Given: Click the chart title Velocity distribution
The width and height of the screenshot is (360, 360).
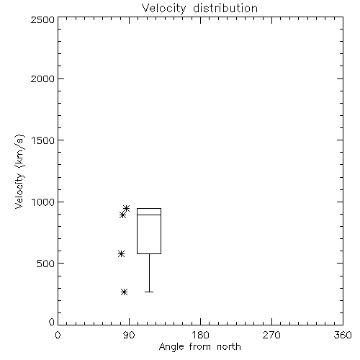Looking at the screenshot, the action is click(x=199, y=8).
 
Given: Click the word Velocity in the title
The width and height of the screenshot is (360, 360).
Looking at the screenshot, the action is click(x=163, y=9).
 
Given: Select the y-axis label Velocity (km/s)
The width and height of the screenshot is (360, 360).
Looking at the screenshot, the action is click(x=19, y=171).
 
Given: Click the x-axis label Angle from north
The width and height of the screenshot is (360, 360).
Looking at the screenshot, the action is click(x=199, y=347).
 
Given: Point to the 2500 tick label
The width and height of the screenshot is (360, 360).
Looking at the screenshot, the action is click(x=42, y=19).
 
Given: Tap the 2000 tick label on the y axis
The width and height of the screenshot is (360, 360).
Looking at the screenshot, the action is click(x=42, y=78).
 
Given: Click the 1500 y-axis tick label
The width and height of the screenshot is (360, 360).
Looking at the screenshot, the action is click(x=43, y=140).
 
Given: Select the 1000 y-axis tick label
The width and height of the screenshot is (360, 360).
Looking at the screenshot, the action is click(x=43, y=202).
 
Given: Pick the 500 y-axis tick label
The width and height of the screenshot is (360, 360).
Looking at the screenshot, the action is click(x=46, y=264).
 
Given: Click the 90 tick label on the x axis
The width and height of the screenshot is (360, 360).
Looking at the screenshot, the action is click(x=129, y=335).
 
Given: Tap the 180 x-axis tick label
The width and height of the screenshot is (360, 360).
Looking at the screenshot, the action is click(x=200, y=335).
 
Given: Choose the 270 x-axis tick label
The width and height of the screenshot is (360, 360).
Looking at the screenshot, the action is click(x=271, y=335).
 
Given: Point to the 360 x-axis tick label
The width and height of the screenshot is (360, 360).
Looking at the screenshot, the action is click(x=343, y=335).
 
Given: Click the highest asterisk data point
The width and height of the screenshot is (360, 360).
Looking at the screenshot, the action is click(x=127, y=208).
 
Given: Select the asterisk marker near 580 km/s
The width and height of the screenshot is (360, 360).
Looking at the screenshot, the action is click(x=121, y=253).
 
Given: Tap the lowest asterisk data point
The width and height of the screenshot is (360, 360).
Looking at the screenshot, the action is click(x=124, y=292).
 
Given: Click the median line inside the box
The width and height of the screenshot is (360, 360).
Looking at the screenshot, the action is click(x=149, y=215).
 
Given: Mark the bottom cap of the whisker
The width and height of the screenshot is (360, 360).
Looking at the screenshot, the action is click(x=149, y=292).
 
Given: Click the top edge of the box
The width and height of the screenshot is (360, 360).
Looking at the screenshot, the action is click(x=149, y=208).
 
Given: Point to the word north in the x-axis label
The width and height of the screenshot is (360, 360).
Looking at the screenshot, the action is click(x=229, y=347).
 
